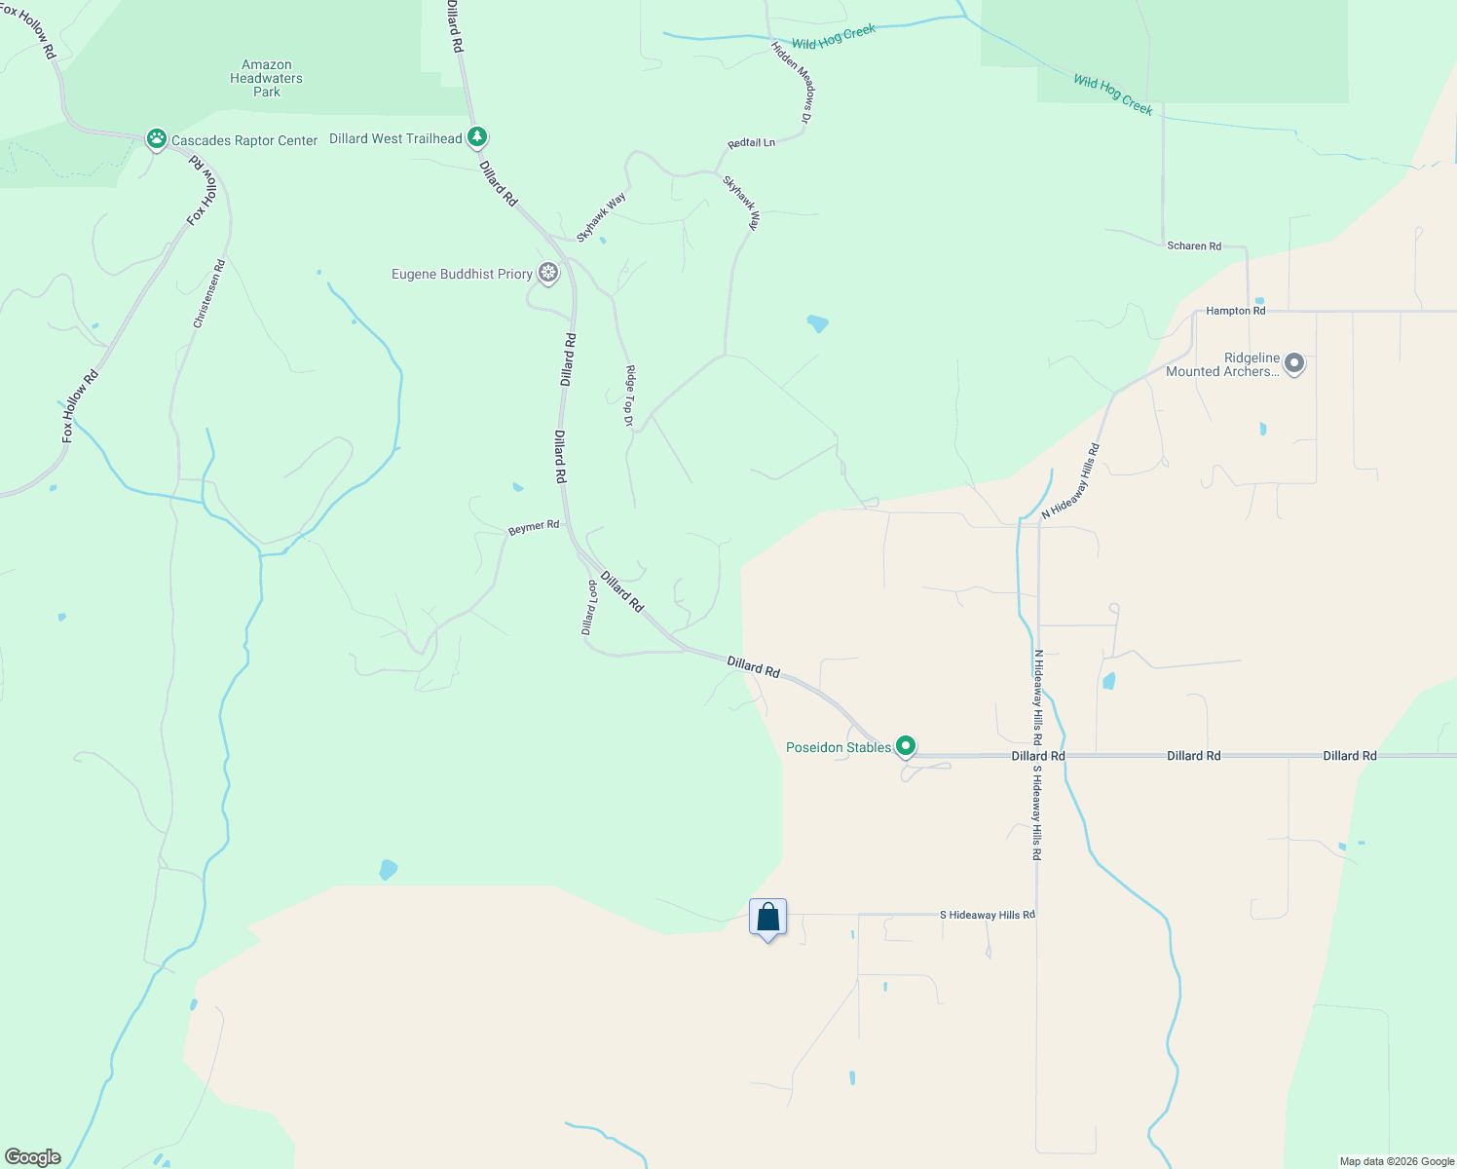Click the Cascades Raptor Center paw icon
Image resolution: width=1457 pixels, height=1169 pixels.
(x=156, y=139)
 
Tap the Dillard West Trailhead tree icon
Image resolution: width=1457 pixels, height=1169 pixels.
(x=476, y=137)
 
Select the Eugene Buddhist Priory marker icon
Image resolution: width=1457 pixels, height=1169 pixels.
(x=548, y=273)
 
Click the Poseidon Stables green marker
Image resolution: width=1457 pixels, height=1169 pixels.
(x=906, y=746)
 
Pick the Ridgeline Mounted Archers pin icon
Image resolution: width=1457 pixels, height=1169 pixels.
(x=1294, y=364)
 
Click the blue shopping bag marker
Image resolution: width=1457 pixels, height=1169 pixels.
(x=767, y=919)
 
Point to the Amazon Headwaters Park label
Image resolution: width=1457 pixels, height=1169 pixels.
(x=266, y=79)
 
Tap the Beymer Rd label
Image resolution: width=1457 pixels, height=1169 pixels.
(x=534, y=527)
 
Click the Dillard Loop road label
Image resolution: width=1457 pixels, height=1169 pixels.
(x=589, y=608)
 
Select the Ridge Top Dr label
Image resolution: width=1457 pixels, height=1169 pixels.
(x=629, y=396)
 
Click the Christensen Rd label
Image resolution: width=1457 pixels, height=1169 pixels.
(x=209, y=293)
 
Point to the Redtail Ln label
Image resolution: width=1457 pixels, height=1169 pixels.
(x=752, y=143)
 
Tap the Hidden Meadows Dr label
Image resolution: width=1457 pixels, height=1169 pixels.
(x=792, y=82)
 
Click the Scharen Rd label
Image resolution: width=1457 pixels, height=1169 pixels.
(x=1194, y=246)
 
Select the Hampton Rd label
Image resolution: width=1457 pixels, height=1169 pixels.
(x=1236, y=311)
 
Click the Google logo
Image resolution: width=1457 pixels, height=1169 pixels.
(x=33, y=1157)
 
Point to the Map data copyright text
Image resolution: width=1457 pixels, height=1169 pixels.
(x=1397, y=1161)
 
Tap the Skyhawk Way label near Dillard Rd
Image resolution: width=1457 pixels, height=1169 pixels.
(x=601, y=217)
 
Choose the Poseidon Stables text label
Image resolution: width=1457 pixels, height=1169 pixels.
(x=839, y=747)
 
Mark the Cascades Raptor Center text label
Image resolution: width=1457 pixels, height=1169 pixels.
(x=244, y=141)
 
